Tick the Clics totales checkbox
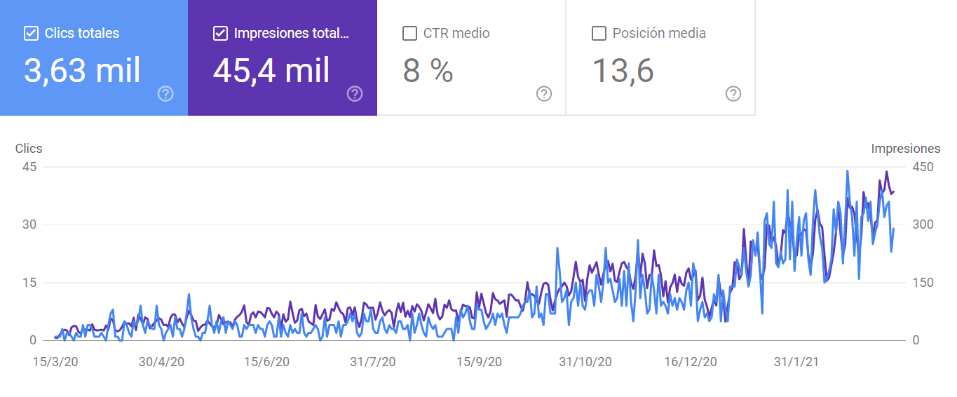click(31, 33)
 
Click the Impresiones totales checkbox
click(220, 33)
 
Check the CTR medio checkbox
click(409, 33)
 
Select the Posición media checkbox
click(599, 33)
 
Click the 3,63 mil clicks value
click(83, 70)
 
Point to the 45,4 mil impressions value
click(271, 70)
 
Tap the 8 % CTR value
click(428, 70)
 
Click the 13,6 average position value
click(623, 70)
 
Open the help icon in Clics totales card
click(165, 94)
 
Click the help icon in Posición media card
click(733, 94)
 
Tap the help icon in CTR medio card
click(544, 94)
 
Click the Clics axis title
click(29, 149)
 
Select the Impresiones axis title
click(905, 149)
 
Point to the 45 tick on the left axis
click(29, 167)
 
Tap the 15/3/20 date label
click(55, 362)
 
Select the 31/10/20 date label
click(585, 362)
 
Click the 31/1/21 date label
click(796, 362)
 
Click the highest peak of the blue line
click(848, 170)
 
